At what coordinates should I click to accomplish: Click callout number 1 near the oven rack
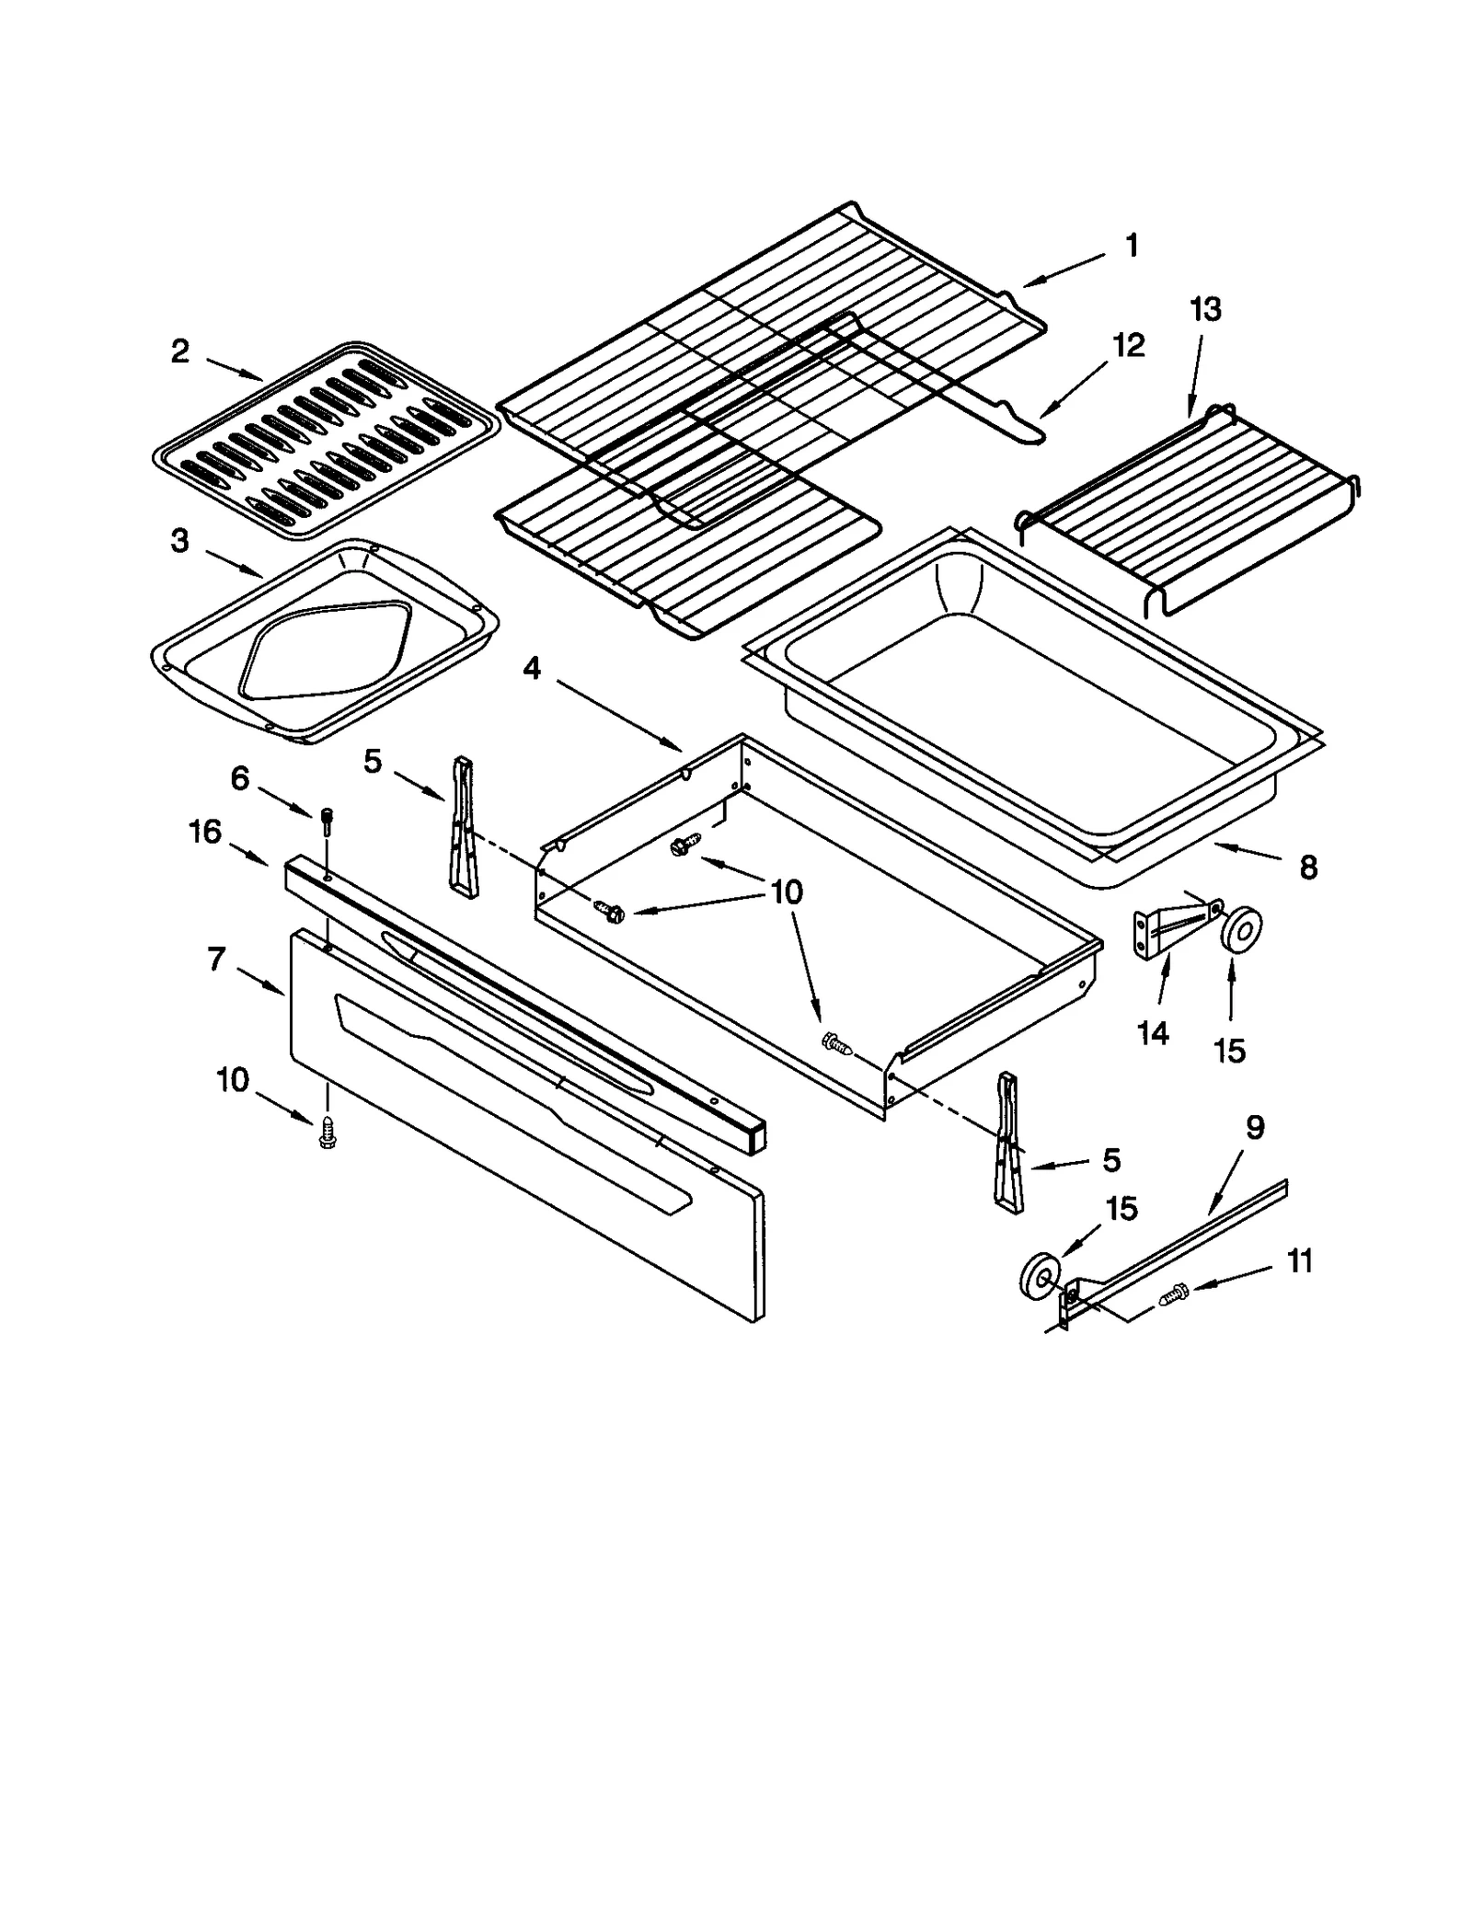pos(1132,246)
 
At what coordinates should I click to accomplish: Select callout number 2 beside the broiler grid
pos(179,351)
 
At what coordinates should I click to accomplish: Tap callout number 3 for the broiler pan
pos(179,541)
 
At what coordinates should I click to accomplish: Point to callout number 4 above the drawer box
pos(532,669)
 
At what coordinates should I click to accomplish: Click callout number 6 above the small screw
pos(239,779)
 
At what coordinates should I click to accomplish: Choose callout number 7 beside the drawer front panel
pos(216,960)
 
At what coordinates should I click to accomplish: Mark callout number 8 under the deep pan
pos(1308,867)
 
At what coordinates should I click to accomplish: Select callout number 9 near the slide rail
pos(1255,1127)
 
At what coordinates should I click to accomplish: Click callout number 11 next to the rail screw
pos(1299,1261)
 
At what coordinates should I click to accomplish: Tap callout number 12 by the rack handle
pos(1129,346)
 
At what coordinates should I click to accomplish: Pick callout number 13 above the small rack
pos(1205,309)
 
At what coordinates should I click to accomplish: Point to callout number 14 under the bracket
pos(1153,1033)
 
